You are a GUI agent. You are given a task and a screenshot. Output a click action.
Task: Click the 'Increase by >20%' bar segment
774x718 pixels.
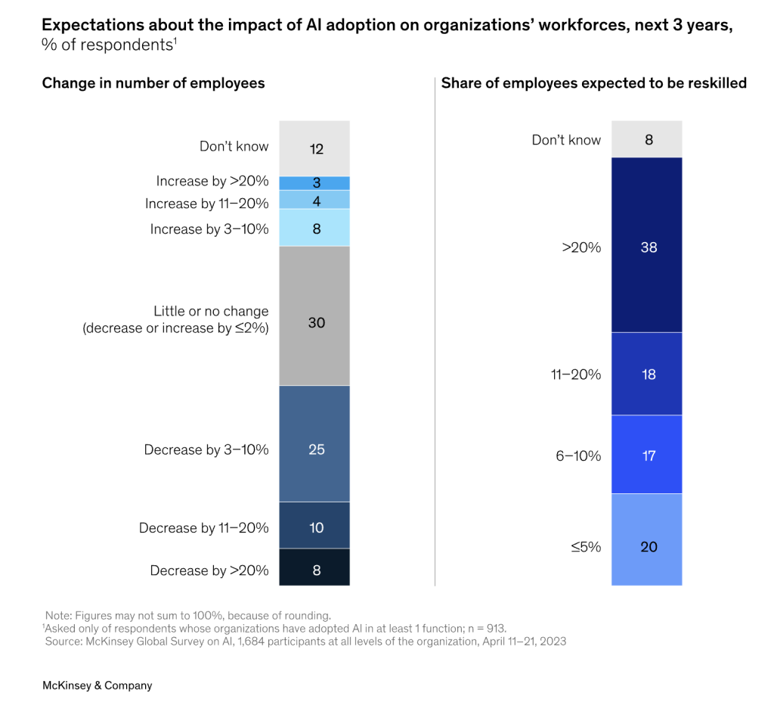pos(314,183)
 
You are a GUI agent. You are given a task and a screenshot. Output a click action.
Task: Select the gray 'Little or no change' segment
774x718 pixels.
pos(314,315)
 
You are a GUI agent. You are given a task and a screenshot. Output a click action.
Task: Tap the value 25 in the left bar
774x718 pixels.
pos(317,449)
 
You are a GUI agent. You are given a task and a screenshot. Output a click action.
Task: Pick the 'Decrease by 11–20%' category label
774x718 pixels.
pos(204,528)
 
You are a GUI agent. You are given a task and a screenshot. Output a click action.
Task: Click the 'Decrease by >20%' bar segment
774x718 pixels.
pos(314,567)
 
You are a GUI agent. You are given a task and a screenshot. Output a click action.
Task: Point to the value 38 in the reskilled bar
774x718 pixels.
pos(649,247)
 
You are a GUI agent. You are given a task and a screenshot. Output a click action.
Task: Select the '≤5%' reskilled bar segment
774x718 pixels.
pos(647,539)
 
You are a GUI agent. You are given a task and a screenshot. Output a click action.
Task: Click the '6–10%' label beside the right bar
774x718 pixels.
pos(578,455)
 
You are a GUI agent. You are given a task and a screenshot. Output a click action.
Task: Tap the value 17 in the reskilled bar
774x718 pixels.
pos(649,455)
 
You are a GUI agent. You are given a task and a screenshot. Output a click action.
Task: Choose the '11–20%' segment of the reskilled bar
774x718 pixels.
pos(647,374)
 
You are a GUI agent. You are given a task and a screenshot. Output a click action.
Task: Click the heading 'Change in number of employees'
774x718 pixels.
pos(153,83)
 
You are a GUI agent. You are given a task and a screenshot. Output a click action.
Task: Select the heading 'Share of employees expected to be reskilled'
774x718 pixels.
pos(594,83)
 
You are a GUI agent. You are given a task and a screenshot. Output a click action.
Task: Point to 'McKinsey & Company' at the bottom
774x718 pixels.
pos(98,685)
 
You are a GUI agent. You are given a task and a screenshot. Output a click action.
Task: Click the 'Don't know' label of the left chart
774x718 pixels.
pos(234,146)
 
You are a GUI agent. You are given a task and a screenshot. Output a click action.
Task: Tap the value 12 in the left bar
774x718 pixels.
pos(317,149)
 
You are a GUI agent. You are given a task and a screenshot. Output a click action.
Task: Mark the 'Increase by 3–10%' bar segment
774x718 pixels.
pos(314,228)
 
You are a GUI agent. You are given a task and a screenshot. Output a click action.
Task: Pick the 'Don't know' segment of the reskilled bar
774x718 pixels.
pos(647,139)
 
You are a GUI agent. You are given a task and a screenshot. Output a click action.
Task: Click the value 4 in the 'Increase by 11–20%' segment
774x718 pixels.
pos(317,201)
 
